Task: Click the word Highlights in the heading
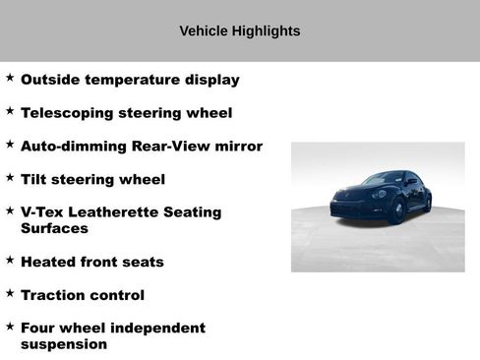point(264,31)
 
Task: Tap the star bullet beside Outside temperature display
point(10,77)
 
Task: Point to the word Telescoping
point(67,113)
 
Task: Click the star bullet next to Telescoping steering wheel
point(10,110)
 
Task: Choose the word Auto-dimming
point(74,147)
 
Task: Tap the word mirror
point(238,147)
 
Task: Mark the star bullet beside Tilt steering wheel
point(10,177)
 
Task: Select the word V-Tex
point(45,212)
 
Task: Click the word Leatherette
point(119,212)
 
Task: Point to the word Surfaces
point(54,228)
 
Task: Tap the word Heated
point(51,262)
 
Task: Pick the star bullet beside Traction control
point(10,292)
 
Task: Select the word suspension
point(64,344)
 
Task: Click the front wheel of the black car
point(395,211)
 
